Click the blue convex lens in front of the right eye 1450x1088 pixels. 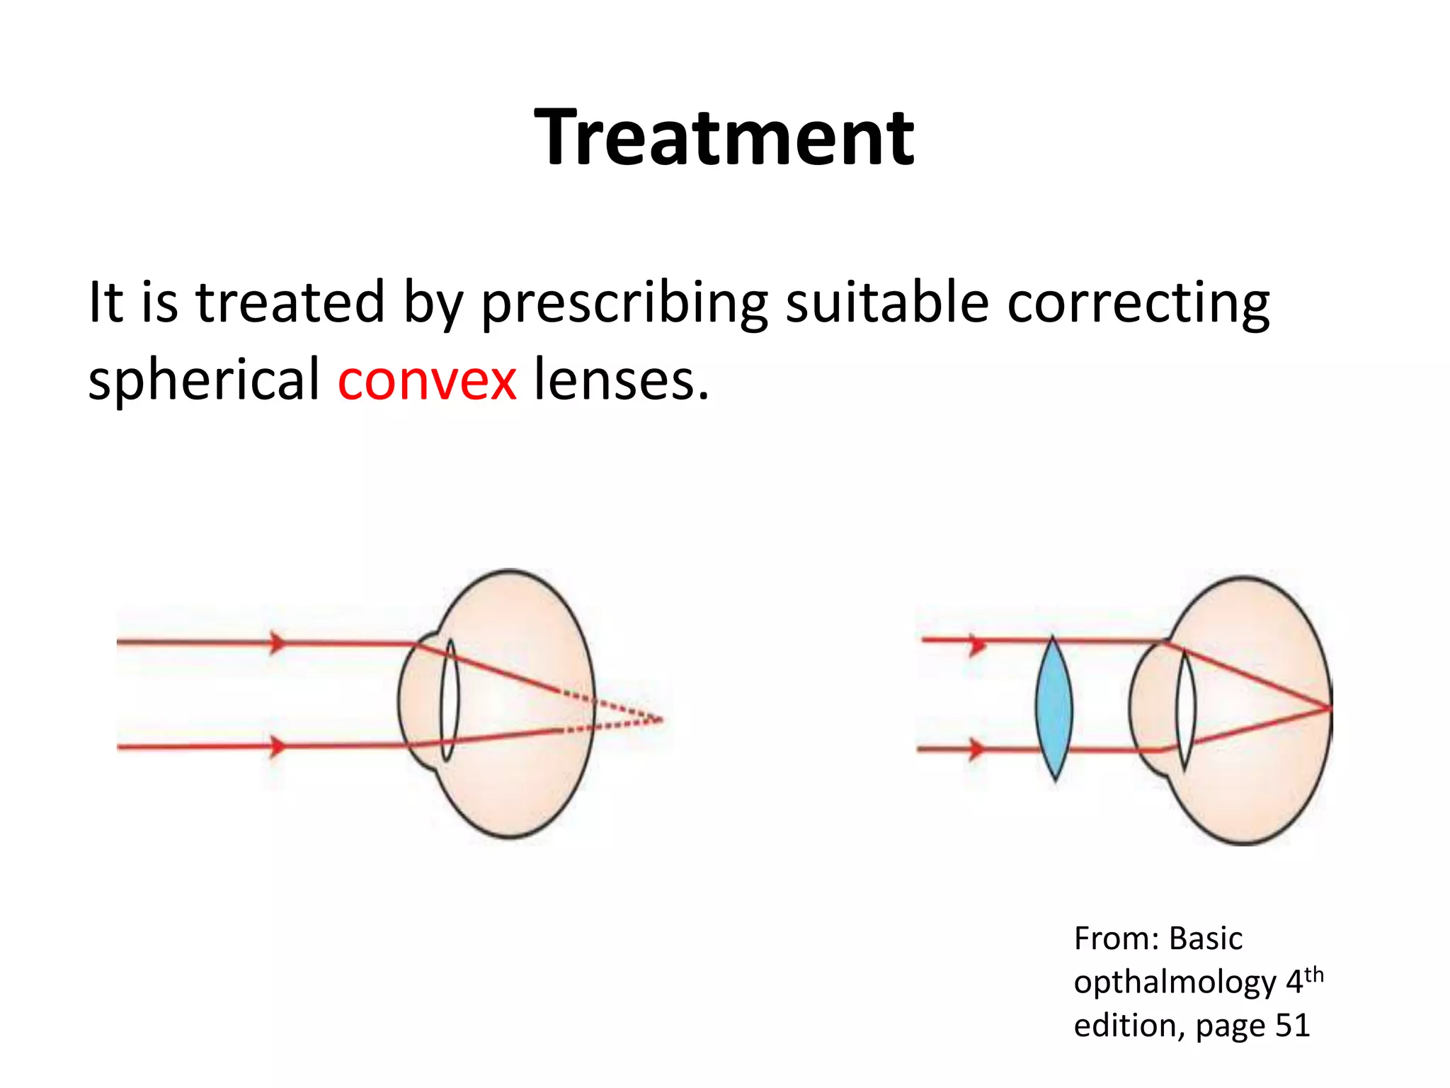pos(1054,708)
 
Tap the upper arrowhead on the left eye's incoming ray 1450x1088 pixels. pos(278,642)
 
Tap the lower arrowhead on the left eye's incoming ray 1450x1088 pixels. pos(278,747)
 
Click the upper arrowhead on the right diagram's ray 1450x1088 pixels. pos(978,645)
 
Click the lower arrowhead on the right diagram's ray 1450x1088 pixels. pos(976,748)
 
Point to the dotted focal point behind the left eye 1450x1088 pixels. pos(660,720)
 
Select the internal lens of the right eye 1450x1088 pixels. pos(1186,708)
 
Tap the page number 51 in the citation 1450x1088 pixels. pos(1291,1025)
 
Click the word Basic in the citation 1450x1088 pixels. pos(1205,939)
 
